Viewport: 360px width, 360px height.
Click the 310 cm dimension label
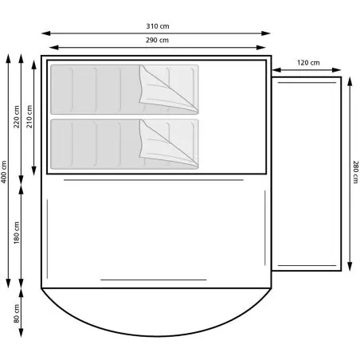point(158,26)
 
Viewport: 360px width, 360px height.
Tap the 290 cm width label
point(157,40)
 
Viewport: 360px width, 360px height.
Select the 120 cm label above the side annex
point(308,63)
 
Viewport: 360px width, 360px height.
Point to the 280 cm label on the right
point(355,172)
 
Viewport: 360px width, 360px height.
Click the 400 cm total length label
point(4,172)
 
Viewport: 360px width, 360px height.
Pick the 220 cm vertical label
point(17,117)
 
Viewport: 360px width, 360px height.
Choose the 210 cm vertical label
point(29,116)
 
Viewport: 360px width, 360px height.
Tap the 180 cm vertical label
point(17,233)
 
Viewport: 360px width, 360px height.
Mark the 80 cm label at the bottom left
point(17,314)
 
